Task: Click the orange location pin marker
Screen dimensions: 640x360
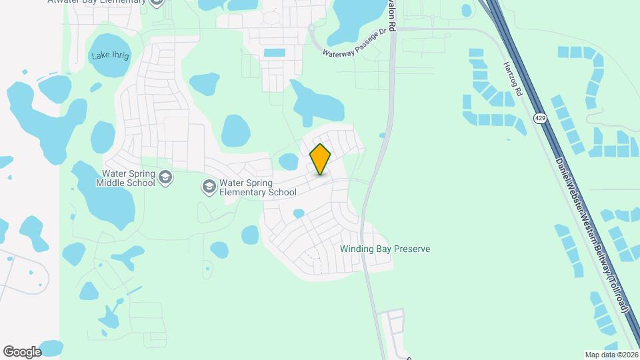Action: tap(320, 159)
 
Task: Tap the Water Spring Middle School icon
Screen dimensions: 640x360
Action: tap(165, 177)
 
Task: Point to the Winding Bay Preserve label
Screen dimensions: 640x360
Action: tap(385, 249)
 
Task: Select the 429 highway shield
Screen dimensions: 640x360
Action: tap(539, 118)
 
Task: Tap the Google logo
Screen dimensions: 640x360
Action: tap(22, 351)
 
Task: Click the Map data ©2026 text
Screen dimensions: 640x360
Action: tap(611, 355)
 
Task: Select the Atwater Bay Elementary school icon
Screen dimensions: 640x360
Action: tap(157, 3)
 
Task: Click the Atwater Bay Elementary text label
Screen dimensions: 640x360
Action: tap(97, 2)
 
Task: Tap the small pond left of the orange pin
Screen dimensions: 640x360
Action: tap(289, 161)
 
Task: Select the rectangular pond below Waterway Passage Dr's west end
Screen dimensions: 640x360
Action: tap(274, 53)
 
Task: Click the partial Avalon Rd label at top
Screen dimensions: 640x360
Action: tap(393, 15)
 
